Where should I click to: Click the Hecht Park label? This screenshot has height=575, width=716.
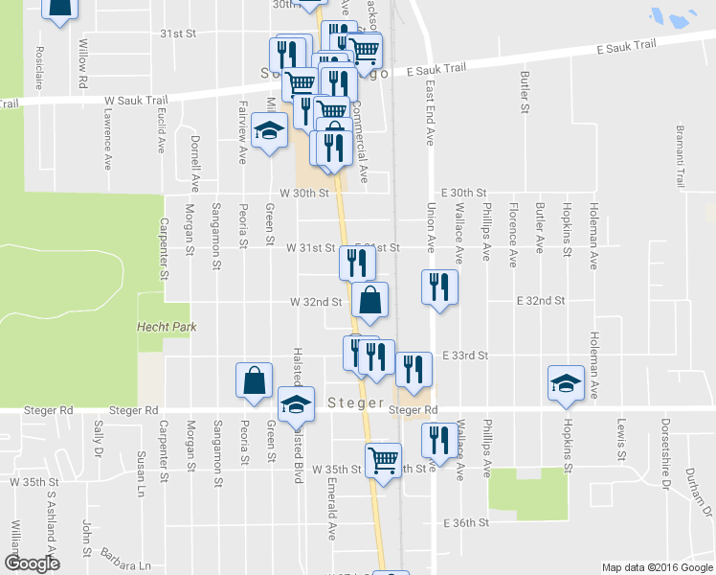pyautogui.click(x=167, y=327)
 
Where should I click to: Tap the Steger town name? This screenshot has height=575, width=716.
pyautogui.click(x=355, y=402)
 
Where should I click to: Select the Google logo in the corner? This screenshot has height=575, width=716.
pyautogui.click(x=32, y=563)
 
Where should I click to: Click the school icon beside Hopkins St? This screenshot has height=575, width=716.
pyautogui.click(x=566, y=382)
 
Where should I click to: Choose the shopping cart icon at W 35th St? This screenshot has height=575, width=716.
pyautogui.click(x=383, y=459)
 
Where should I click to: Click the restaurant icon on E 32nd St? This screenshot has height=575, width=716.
pyautogui.click(x=439, y=287)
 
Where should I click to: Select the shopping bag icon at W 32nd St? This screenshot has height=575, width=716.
pyautogui.click(x=369, y=299)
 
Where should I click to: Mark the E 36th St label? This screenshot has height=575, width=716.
pyautogui.click(x=466, y=522)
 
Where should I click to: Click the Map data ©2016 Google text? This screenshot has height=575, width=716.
pyautogui.click(x=657, y=567)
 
